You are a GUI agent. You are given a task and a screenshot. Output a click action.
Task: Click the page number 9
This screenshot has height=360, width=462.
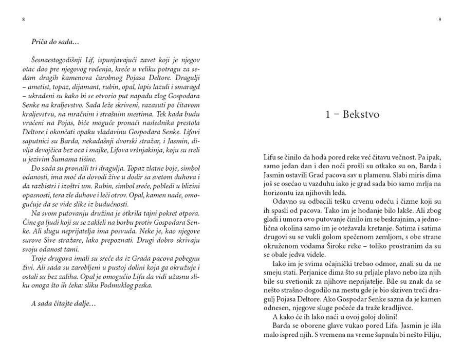(x=440, y=20)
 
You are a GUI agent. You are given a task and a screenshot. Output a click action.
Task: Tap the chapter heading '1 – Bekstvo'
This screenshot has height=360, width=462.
(x=353, y=115)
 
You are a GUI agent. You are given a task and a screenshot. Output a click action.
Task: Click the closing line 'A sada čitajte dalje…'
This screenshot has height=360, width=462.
(x=64, y=303)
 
